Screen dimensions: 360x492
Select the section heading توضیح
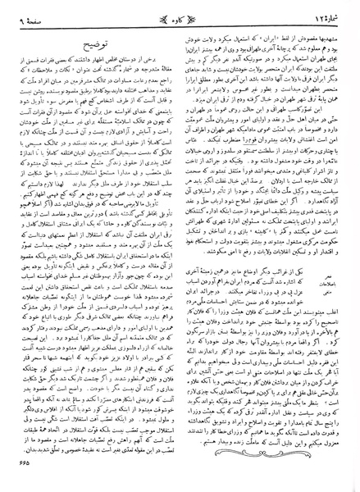pos(98,35)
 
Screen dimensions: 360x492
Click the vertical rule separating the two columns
pos(180,246)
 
